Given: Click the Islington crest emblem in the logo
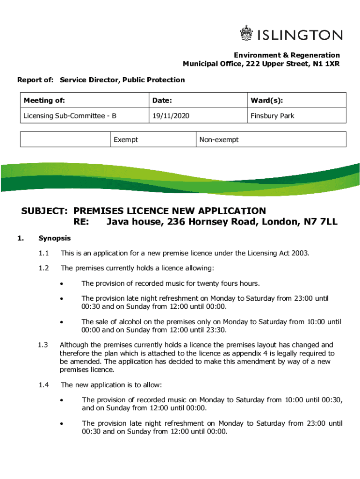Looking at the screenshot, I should (246, 34).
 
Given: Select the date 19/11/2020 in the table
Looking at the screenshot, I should (170, 116).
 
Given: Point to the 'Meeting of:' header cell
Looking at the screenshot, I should (44, 101).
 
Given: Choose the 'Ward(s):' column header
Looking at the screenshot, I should (266, 101).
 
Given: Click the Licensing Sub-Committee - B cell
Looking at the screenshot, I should (70, 116).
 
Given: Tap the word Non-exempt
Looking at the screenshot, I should (219, 139).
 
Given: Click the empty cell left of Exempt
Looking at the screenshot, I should (65, 139).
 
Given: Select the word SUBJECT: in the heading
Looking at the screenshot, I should (45, 211).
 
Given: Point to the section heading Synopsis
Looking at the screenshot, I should (55, 238).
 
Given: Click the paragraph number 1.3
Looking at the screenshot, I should (43, 345).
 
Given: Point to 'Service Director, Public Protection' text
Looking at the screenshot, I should (122, 80).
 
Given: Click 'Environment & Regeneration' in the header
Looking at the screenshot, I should (287, 55).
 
